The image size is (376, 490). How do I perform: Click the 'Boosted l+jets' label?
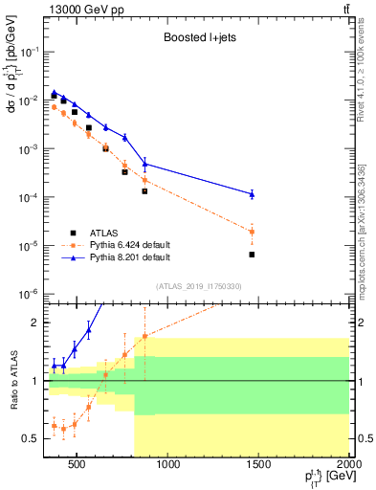[198, 39]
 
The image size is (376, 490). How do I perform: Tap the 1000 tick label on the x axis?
[168, 466]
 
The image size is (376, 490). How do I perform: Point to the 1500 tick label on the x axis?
[258, 466]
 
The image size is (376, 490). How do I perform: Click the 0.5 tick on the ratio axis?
[33, 438]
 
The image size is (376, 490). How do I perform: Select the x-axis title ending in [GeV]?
[321, 479]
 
